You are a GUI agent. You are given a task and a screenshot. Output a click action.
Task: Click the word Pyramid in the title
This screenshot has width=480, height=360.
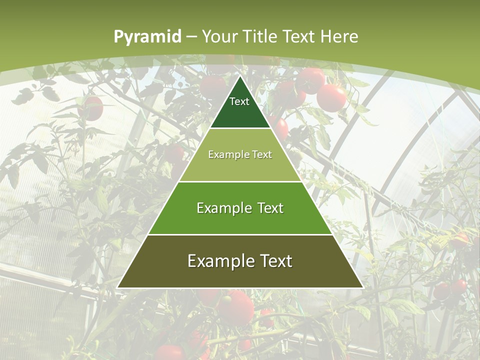click(147, 36)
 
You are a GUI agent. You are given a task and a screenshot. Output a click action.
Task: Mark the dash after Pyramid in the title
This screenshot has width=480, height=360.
click(191, 37)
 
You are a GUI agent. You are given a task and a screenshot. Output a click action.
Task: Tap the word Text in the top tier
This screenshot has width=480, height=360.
click(239, 101)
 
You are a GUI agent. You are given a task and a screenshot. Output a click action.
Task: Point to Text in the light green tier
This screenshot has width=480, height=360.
click(262, 154)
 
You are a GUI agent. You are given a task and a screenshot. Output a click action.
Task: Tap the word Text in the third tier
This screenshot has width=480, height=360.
click(268, 208)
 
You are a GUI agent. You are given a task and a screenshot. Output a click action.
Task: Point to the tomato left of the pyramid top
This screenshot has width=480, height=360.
click(91, 107)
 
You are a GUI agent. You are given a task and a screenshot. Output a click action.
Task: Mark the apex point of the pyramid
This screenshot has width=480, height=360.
click(240, 76)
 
